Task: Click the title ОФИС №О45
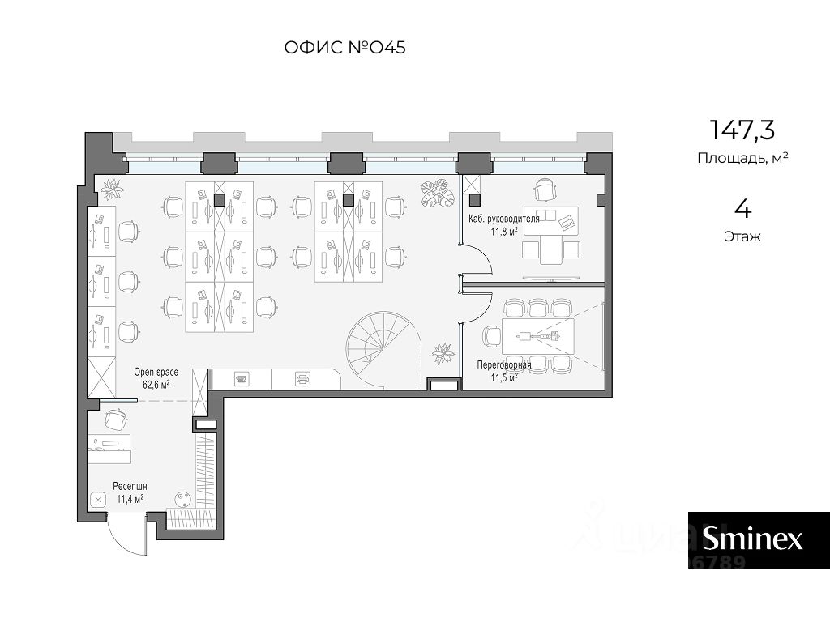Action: coord(345,48)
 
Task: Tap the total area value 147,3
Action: coord(742,130)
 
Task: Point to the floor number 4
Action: coord(743,210)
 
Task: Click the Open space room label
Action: coord(156,373)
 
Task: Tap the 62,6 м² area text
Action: coord(156,385)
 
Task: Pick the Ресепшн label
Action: coord(130,487)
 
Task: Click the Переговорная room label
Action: coord(503,365)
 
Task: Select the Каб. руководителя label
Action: coord(504,219)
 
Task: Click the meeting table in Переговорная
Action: coord(538,336)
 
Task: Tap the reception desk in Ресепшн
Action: coord(109,449)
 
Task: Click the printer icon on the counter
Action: coord(302,379)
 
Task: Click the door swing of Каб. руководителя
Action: coord(479,260)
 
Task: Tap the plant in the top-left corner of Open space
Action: coord(112,188)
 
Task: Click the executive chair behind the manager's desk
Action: coord(545,190)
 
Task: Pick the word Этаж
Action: coord(742,236)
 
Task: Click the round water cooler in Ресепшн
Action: coord(183,499)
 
